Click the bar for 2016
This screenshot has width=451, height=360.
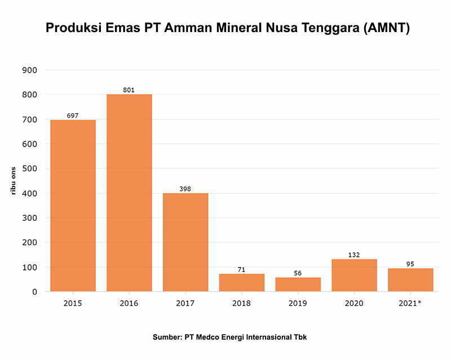coord(129,193)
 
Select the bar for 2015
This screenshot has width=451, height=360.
coord(73,206)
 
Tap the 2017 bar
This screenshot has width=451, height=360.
coord(185,242)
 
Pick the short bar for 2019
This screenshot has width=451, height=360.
coord(298,285)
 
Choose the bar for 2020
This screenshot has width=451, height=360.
coord(354,275)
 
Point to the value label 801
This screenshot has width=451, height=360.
coord(129,90)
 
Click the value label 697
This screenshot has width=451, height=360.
coord(73,115)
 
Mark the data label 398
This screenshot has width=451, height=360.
coord(185,189)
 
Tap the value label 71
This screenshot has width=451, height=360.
coord(242,269)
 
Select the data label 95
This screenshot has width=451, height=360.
coord(410,264)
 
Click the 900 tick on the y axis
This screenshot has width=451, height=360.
coord(29,70)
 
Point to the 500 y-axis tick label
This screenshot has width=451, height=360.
coord(29,168)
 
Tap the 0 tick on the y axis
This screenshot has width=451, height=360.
coord(34,292)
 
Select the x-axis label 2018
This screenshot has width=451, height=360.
coord(242,304)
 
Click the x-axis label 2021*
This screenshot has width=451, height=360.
coord(410,304)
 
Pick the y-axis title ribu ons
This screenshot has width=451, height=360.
coord(12,180)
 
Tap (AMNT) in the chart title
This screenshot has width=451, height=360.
coord(379,28)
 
